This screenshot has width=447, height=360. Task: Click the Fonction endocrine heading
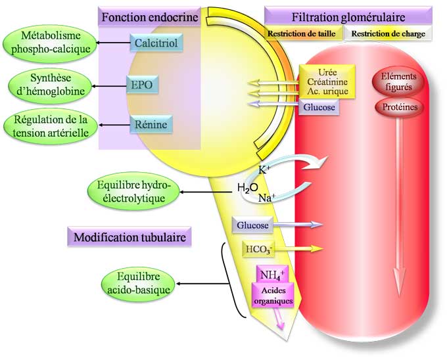pyautogui.click(x=148, y=16)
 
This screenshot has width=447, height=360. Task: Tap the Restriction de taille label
pyautogui.click(x=304, y=34)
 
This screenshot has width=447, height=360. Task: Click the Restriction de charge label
pyautogui.click(x=388, y=34)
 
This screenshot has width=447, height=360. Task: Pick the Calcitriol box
pyautogui.click(x=155, y=44)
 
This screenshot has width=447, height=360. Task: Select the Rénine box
pyautogui.click(x=149, y=124)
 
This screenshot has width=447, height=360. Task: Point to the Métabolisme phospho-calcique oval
pyautogui.click(x=55, y=42)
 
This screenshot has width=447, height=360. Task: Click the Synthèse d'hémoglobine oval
pyautogui.click(x=50, y=85)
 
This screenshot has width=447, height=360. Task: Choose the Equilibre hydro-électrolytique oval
pyautogui.click(x=133, y=191)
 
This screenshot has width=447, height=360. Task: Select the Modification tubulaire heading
pyautogui.click(x=129, y=236)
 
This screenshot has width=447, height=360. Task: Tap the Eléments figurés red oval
pyautogui.click(x=398, y=82)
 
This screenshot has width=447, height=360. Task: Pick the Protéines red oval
pyautogui.click(x=397, y=107)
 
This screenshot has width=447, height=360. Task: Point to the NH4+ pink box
pyautogui.click(x=271, y=275)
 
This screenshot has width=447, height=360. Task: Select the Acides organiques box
pyautogui.click(x=271, y=297)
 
